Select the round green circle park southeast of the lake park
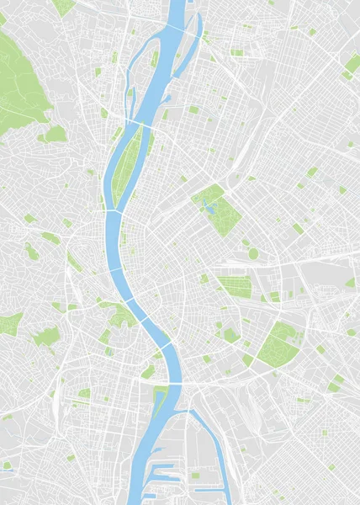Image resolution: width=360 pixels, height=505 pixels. (x=253, y=253)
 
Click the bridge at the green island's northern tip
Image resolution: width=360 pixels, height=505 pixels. (x=141, y=124)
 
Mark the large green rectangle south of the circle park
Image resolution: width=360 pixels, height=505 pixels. (x=236, y=286)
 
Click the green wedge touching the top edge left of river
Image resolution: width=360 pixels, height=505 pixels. (x=64, y=7)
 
